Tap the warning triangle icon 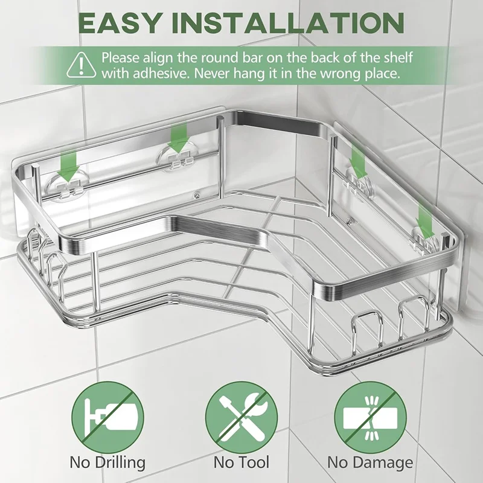click(x=82, y=65)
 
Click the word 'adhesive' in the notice click(x=161, y=74)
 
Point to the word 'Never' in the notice click(x=215, y=74)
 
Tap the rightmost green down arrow click(x=425, y=222)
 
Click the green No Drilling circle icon click(x=108, y=417)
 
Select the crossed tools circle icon click(x=241, y=417)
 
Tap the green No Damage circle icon click(x=370, y=417)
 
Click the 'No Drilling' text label click(x=107, y=463)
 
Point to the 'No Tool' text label click(x=241, y=462)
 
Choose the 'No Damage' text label click(x=370, y=463)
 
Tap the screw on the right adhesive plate click(x=349, y=221)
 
